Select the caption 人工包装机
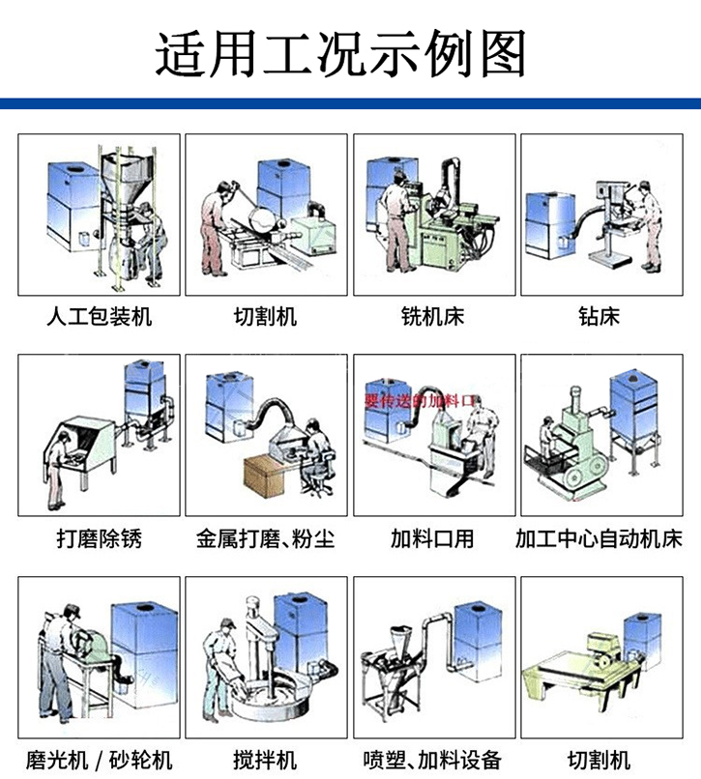100,316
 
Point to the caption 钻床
599,316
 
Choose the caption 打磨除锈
100,538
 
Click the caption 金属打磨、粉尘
266,538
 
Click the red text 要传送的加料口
422,398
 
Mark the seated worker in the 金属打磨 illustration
315,447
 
